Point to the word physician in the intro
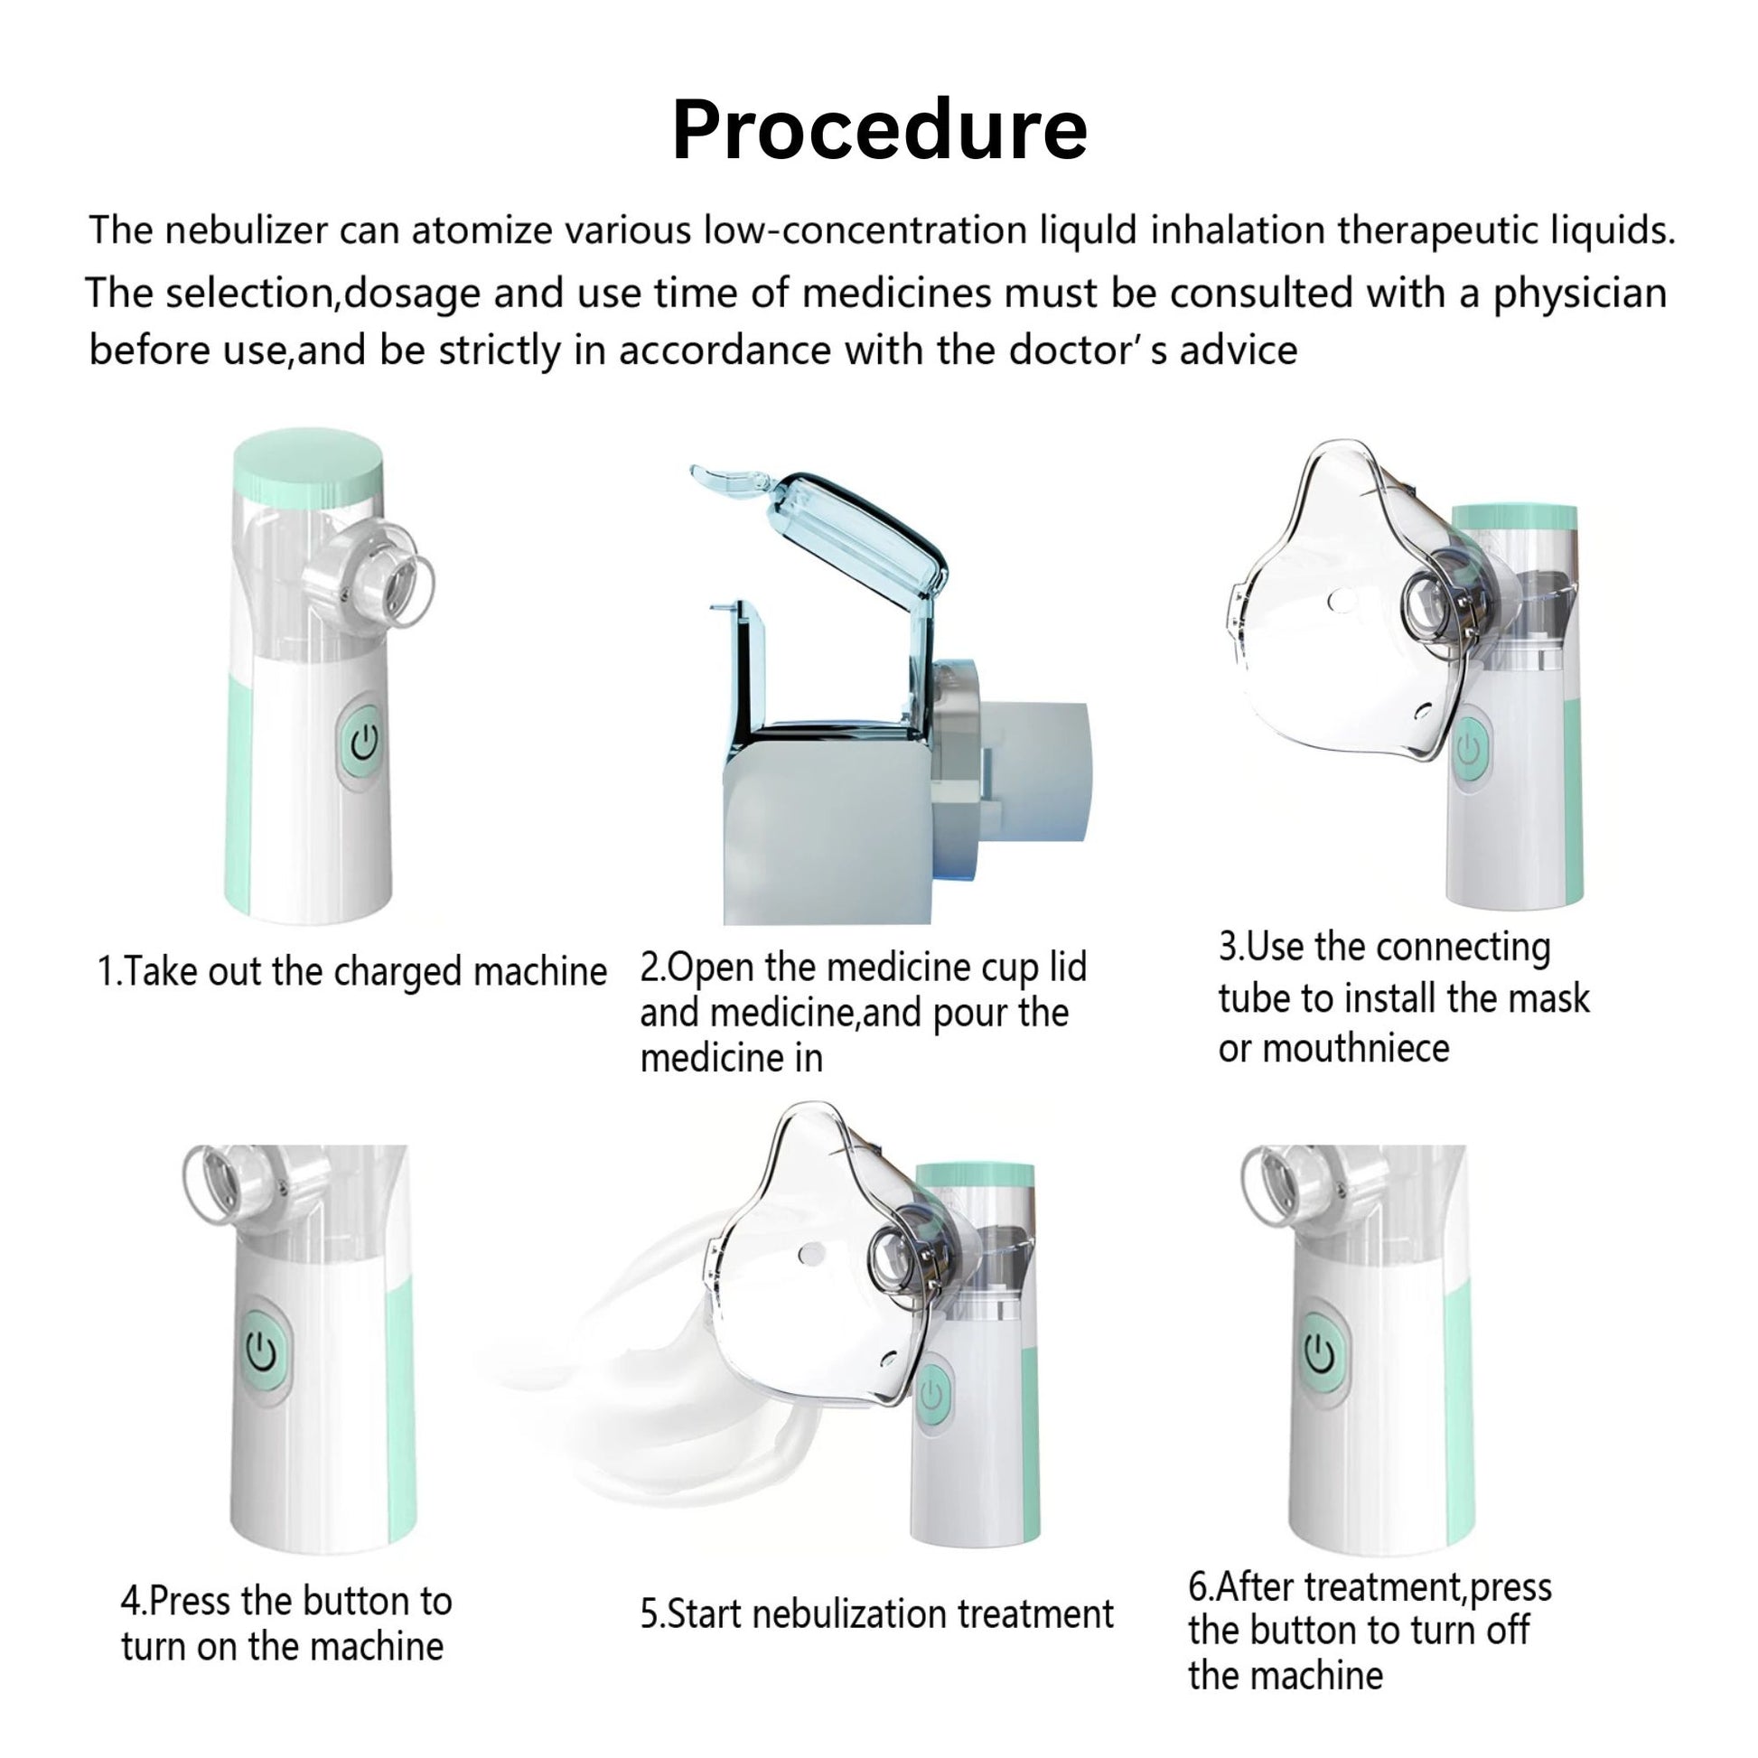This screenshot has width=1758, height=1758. tap(1580, 293)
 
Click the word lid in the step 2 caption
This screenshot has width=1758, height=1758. tap(1069, 967)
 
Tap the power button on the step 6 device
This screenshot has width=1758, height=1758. tap(1322, 1355)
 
